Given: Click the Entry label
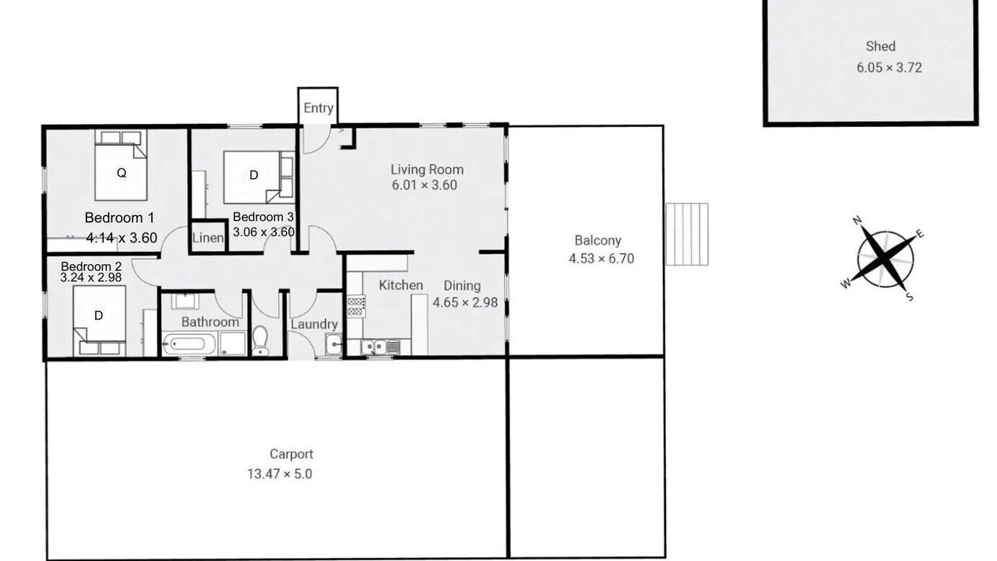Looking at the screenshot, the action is pyautogui.click(x=319, y=108).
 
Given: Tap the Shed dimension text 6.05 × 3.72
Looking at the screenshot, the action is pyautogui.click(x=889, y=68).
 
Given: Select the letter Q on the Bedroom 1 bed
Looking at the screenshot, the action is pyautogui.click(x=121, y=173).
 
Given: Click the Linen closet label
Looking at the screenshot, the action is pyautogui.click(x=208, y=238).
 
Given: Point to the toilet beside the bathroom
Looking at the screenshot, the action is pyautogui.click(x=260, y=340).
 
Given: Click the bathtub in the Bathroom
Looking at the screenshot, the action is pyautogui.click(x=189, y=344).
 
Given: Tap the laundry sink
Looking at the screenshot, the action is pyautogui.click(x=333, y=344).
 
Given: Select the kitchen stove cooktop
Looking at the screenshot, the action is pyautogui.click(x=356, y=306).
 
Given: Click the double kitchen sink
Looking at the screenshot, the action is pyautogui.click(x=375, y=347).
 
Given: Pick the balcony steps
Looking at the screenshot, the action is pyautogui.click(x=687, y=235).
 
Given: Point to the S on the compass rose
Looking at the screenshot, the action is pyautogui.click(x=910, y=297).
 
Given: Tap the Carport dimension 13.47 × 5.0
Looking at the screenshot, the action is pyautogui.click(x=280, y=475).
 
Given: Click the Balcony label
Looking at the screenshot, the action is pyautogui.click(x=597, y=241).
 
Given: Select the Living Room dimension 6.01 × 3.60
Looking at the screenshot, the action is pyautogui.click(x=425, y=185).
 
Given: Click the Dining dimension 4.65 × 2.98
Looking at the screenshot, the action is pyautogui.click(x=465, y=303).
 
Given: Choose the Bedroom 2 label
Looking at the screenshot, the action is pyautogui.click(x=91, y=266).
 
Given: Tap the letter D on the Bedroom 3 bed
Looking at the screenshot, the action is pyautogui.click(x=254, y=175).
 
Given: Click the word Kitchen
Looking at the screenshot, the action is pyautogui.click(x=400, y=285).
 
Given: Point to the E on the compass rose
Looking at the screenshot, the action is pyautogui.click(x=920, y=235).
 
